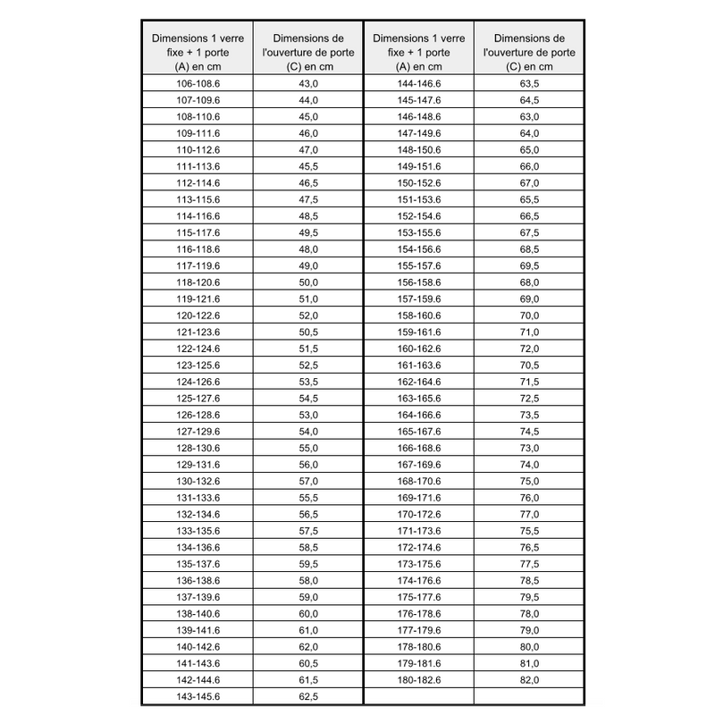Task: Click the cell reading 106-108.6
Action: [x=198, y=83]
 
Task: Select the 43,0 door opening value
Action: [x=308, y=83]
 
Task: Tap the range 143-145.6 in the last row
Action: [x=198, y=696]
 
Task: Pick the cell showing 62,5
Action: [x=308, y=696]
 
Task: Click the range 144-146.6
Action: [x=418, y=83]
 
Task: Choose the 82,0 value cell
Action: [x=529, y=679]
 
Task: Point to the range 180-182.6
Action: [x=418, y=679]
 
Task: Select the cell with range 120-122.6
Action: [x=198, y=315]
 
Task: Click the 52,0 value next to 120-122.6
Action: [x=308, y=315]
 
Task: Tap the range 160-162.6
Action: [x=418, y=349]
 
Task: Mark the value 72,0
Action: [x=529, y=349]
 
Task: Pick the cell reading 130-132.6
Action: [x=198, y=481]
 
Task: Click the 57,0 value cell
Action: [x=308, y=481]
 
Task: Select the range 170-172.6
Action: [x=418, y=514]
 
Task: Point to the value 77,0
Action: [x=529, y=514]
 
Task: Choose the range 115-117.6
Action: [x=198, y=232]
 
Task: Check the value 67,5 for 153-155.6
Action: [x=529, y=232]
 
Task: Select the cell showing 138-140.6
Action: [x=198, y=613]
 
